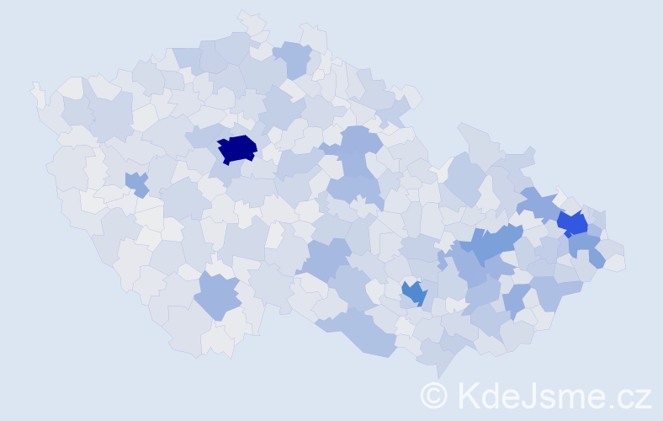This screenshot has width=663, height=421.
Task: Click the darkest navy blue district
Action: click(x=237, y=148)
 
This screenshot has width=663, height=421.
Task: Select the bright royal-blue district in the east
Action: click(x=573, y=223)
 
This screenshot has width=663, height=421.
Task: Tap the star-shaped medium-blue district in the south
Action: click(x=414, y=293)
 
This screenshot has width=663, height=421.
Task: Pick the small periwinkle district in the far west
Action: click(x=136, y=182)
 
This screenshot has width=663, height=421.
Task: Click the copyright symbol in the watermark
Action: click(x=434, y=394)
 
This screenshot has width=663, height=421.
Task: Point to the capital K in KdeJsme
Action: click(x=468, y=394)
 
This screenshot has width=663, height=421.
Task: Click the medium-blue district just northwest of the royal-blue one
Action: click(x=537, y=203)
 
